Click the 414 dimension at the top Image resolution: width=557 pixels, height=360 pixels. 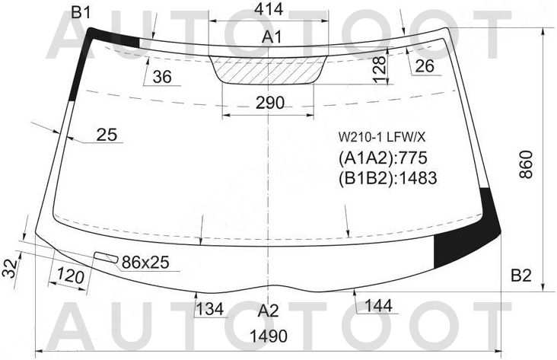269,9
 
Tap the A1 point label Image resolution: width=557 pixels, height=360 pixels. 272,37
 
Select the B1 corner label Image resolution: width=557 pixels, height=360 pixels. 81,12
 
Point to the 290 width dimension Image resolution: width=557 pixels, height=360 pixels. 270,103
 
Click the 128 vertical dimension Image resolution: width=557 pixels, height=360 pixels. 380,69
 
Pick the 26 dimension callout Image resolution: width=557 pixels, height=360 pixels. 425,65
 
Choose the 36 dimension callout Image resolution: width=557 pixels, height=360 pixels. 162,76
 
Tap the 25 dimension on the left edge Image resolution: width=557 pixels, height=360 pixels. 107,135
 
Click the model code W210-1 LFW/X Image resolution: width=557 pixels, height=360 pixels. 381,136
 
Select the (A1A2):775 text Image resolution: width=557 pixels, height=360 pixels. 383,158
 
